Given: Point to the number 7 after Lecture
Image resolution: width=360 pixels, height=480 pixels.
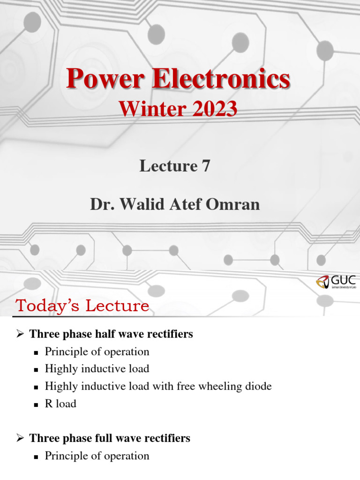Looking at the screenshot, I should (206, 166).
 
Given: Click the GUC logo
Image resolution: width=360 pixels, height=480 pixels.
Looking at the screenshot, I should (336, 282).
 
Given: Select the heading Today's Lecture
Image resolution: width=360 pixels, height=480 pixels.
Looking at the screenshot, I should (82, 306).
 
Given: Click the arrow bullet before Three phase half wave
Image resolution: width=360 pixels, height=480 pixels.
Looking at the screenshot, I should (20, 334).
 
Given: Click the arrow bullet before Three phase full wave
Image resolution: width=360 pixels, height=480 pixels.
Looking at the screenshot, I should (20, 438).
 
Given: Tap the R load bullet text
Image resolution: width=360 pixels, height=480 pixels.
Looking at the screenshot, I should (60, 404).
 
